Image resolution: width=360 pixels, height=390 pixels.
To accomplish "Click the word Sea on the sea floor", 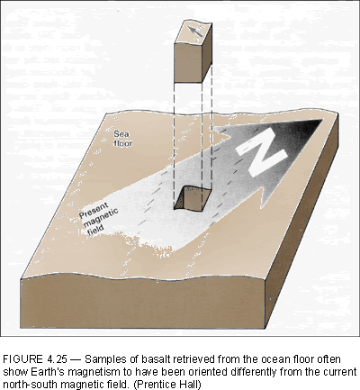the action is click(x=121, y=133).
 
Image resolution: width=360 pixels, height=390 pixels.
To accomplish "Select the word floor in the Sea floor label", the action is click(x=123, y=143).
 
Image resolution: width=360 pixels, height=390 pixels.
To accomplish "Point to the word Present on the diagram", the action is click(x=94, y=211).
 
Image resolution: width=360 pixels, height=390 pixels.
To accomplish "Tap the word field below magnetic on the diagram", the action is click(x=95, y=230).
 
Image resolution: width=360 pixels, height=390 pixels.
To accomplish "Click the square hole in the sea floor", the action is click(x=193, y=198).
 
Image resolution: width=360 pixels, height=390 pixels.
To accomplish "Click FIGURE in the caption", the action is click(x=23, y=359).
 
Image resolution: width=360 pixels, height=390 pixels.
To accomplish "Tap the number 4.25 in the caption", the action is click(x=57, y=359).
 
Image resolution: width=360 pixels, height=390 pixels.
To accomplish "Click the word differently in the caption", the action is click(x=254, y=372).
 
